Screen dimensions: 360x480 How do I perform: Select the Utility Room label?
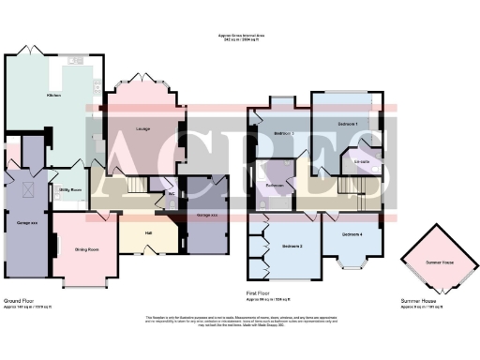[x=71, y=189]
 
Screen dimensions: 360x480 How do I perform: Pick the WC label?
[x=171, y=195]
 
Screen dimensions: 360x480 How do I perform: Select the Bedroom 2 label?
[x=292, y=247]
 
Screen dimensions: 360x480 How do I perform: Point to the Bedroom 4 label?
[x=352, y=233]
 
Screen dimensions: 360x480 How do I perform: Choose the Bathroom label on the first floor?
[x=275, y=185]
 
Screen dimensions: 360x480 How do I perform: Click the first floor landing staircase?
[x=350, y=187]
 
